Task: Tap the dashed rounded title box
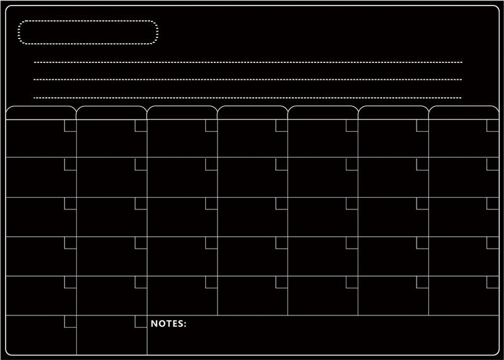pyautogui.click(x=88, y=21)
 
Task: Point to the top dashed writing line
pyautogui.click(x=248, y=62)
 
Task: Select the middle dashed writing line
pyautogui.click(x=248, y=79)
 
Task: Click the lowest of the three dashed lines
pyautogui.click(x=248, y=98)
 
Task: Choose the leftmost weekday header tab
pyautogui.click(x=41, y=113)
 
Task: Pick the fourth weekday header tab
pyautogui.click(x=252, y=113)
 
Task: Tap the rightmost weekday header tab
pyautogui.click(x=464, y=113)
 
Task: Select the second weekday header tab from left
pyautogui.click(x=111, y=113)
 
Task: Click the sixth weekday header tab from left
pyautogui.click(x=393, y=113)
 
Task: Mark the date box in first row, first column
pyautogui.click(x=70, y=125)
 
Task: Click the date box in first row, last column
pyautogui.click(x=493, y=125)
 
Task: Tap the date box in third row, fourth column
pyautogui.click(x=282, y=203)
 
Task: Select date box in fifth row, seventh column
pyautogui.click(x=493, y=282)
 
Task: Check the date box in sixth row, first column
pyautogui.click(x=70, y=322)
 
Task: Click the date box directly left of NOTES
pyautogui.click(x=141, y=322)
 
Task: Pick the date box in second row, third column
pyautogui.click(x=211, y=164)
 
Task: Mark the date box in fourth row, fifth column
pyautogui.click(x=352, y=243)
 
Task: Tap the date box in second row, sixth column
pyautogui.click(x=422, y=164)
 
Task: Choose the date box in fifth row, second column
pyautogui.click(x=141, y=282)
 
